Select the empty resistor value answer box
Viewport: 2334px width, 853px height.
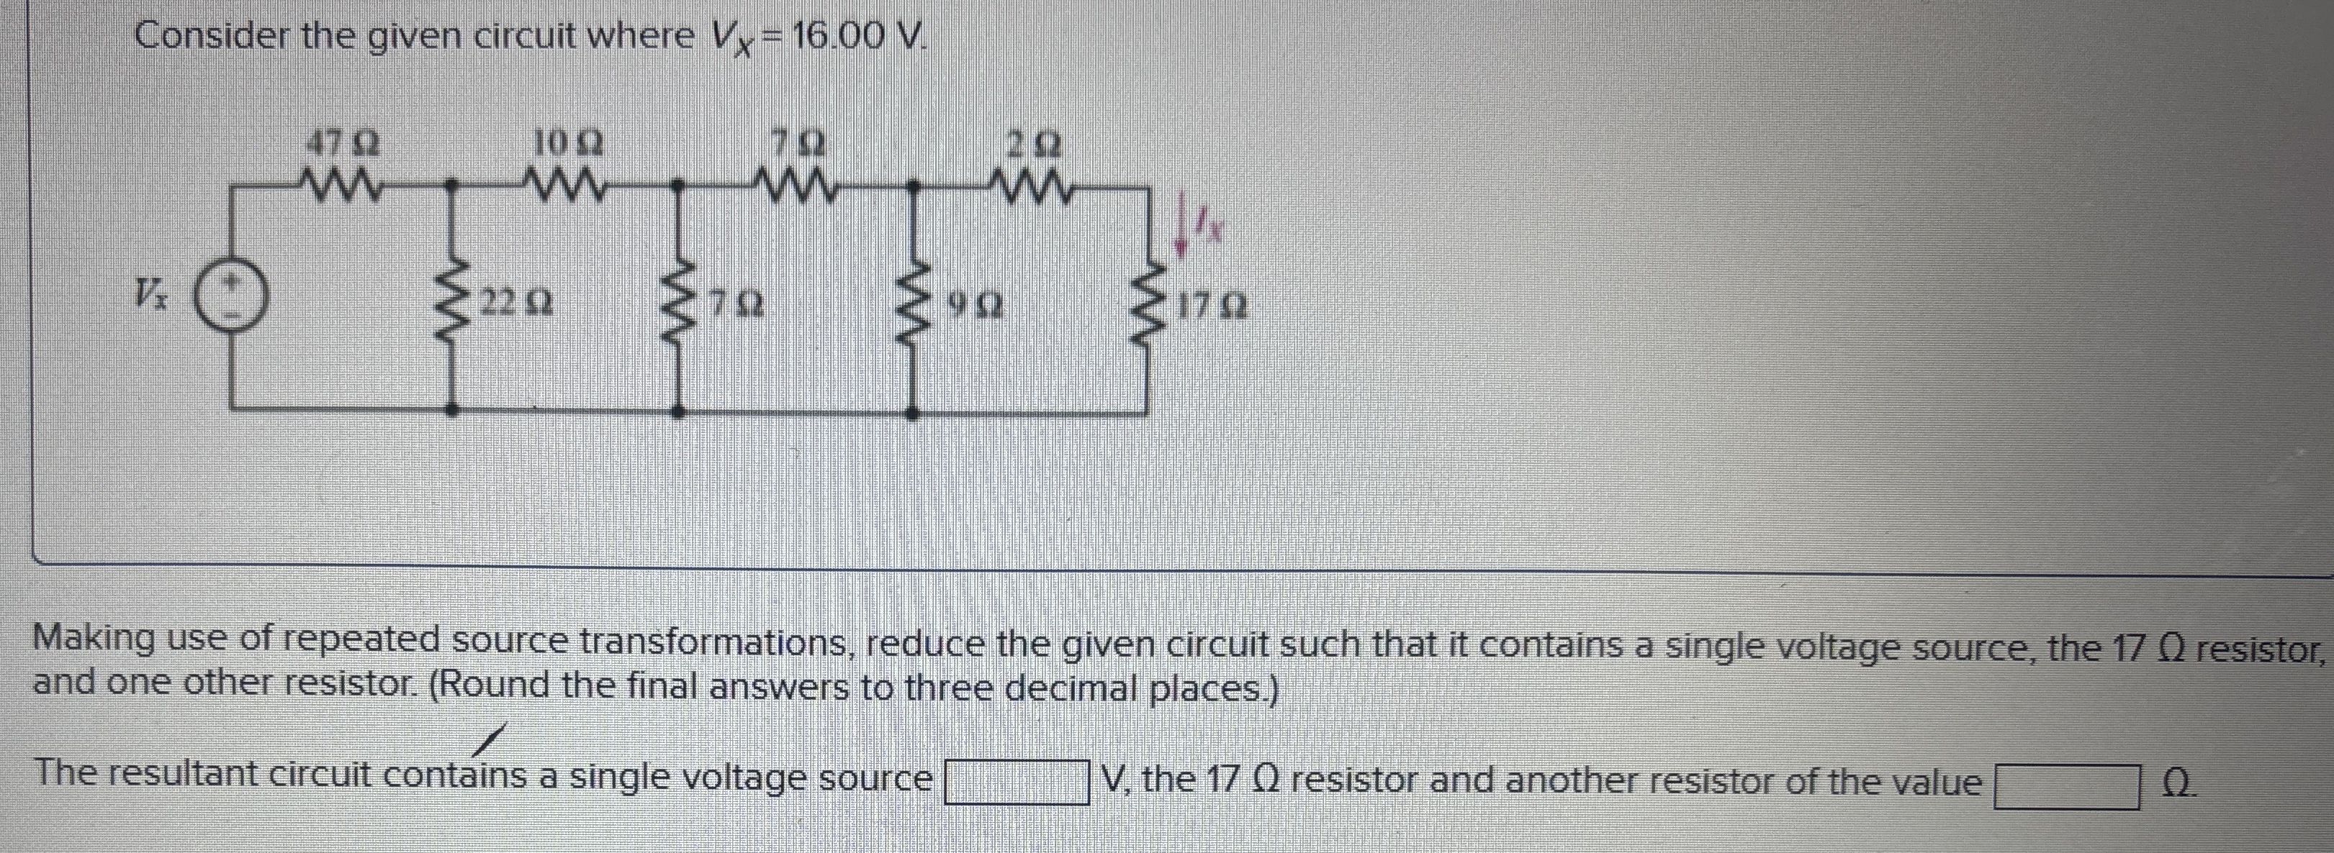click(x=2068, y=785)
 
